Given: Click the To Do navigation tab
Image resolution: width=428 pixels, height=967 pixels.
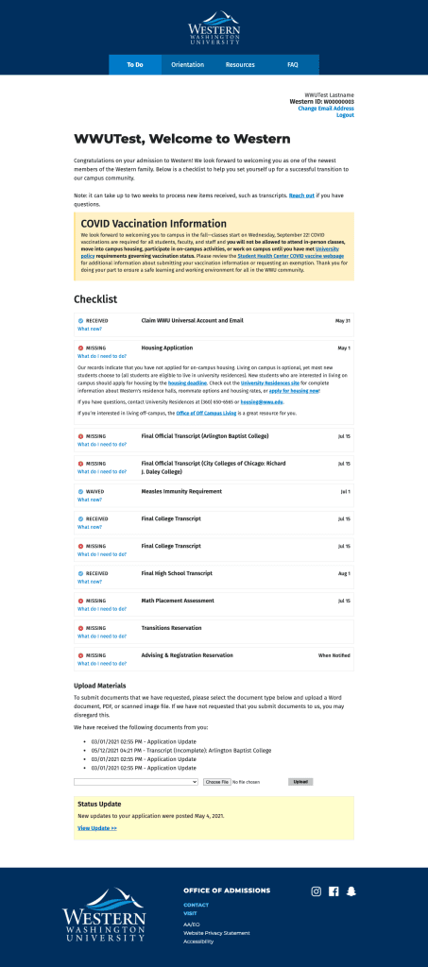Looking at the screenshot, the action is pos(134,65).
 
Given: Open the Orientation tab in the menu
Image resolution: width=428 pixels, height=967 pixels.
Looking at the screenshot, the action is pos(187,65).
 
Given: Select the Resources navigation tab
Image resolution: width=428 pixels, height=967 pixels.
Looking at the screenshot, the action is pos(240,65).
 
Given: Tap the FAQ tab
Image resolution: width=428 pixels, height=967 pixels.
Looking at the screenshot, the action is pos(293,65).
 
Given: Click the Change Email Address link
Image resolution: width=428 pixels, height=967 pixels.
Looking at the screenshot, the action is pos(326,109).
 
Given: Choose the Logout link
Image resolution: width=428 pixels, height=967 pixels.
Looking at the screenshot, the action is pos(345,115).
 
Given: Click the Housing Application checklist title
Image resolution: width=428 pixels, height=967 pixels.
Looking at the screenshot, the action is pos(166,348).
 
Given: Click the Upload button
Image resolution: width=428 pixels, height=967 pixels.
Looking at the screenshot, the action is pos(300,782).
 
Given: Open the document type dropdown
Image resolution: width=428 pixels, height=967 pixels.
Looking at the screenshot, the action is pos(136,782).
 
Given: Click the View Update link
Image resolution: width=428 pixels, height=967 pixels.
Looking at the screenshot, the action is pos(96,827).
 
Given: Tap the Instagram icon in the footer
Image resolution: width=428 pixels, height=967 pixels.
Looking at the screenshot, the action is pos(317,891).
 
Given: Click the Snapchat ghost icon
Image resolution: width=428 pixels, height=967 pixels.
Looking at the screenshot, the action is pos(351,891).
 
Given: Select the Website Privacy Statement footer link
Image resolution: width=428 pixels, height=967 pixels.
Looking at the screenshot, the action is pos(216,933).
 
